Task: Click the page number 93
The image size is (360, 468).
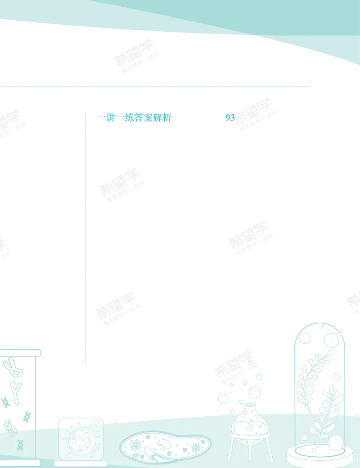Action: coord(230,118)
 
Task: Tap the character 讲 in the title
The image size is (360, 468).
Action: coord(111,118)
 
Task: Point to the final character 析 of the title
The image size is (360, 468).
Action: coord(166,118)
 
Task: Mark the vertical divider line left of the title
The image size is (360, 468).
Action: coord(85,238)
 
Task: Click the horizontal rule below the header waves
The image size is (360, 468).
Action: coord(155,86)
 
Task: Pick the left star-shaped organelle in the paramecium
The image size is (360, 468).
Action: coord(135,445)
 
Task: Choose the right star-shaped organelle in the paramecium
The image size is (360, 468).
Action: coord(196,447)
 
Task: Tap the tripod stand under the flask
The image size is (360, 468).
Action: coord(250,448)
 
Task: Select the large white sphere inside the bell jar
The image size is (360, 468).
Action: coord(336,443)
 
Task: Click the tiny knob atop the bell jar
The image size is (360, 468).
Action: coord(322,327)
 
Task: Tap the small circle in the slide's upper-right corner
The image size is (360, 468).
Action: coord(96,423)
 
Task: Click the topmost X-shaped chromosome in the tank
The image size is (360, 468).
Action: coord(13,367)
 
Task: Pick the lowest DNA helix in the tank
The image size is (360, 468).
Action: coord(20,445)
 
